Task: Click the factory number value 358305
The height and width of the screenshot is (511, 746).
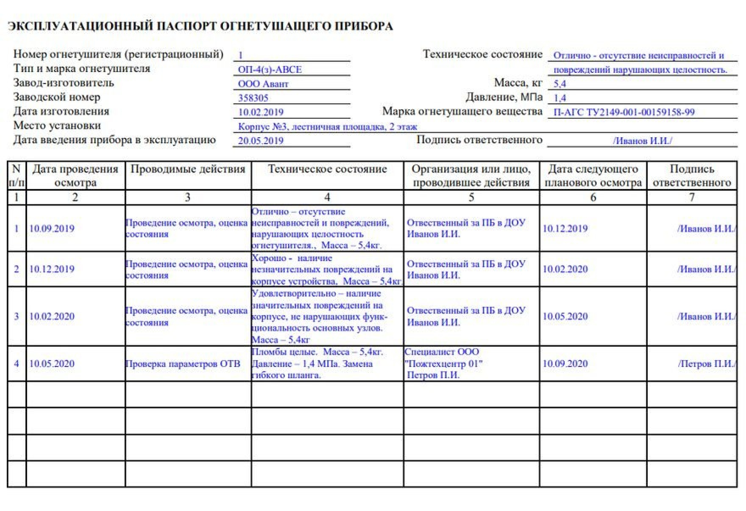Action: (x=253, y=98)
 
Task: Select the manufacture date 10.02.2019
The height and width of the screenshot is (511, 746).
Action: (x=261, y=112)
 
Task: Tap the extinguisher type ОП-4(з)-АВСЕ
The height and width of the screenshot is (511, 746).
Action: (x=270, y=70)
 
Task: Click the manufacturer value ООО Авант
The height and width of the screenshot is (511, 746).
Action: (x=263, y=84)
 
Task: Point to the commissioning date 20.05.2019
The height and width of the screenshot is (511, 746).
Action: (x=261, y=141)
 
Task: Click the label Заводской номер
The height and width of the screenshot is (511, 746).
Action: (x=57, y=97)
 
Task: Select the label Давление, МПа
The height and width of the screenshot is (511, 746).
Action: (x=504, y=97)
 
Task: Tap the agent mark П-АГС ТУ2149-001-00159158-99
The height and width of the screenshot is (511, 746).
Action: (x=624, y=112)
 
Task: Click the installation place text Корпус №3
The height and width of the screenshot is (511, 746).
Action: (x=328, y=126)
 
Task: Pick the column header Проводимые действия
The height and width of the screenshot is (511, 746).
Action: (x=188, y=169)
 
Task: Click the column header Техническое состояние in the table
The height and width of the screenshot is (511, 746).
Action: (x=327, y=169)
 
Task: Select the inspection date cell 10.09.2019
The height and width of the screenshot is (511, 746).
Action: (x=52, y=229)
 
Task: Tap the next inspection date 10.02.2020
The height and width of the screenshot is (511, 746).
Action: (x=565, y=269)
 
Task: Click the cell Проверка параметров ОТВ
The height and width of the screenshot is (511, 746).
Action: (x=183, y=364)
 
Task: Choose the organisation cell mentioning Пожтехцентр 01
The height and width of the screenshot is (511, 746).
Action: (x=443, y=364)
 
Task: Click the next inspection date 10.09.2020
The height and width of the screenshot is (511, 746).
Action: (x=565, y=364)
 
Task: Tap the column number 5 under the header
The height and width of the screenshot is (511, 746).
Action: (x=471, y=197)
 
